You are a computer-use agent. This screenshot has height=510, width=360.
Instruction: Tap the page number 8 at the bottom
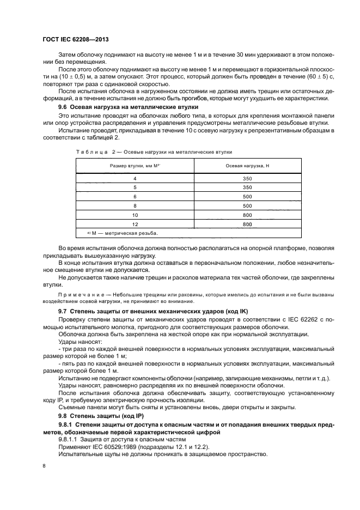point(44,466)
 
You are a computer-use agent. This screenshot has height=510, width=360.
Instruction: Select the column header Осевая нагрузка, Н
point(247,165)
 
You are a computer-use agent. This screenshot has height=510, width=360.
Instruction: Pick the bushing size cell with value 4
point(135,179)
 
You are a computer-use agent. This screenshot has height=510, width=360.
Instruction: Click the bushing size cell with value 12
point(135,224)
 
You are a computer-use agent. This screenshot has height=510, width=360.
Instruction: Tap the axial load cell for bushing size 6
point(247,197)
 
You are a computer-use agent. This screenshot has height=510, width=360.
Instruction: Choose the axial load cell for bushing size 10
point(247,215)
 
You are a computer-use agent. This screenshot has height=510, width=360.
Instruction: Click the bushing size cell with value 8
point(135,206)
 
